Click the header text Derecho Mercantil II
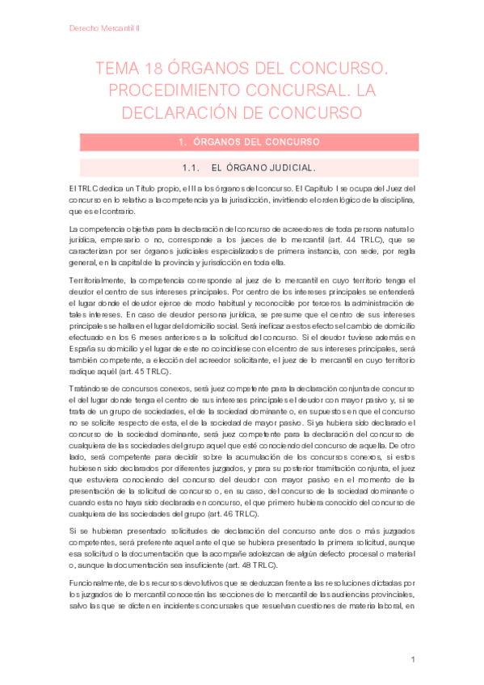coord(105,27)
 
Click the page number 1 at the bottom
coord(412,661)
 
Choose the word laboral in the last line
coord(389,586)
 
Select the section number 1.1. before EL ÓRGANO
coord(191,168)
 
